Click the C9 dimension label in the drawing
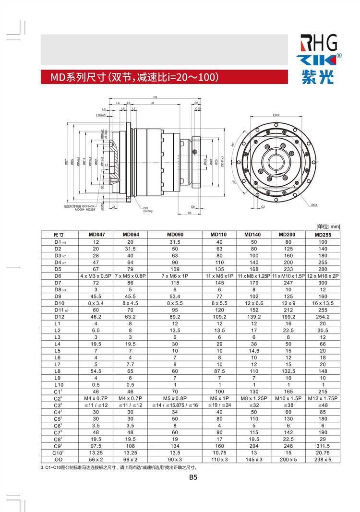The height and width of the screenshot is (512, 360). click(156, 97)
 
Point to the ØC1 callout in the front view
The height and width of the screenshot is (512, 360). click(314, 205)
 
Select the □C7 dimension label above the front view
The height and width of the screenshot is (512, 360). click(276, 115)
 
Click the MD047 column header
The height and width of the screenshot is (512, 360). click(96, 235)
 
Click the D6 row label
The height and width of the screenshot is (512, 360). click(58, 276)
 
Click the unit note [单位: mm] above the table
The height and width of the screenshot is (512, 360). click(328, 226)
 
